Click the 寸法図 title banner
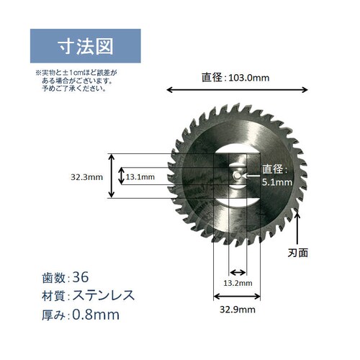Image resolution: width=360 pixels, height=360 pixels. tap(85, 47)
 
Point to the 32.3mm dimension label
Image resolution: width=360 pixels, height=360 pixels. tap(87, 176)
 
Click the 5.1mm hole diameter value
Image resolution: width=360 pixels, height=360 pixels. tap(276, 183)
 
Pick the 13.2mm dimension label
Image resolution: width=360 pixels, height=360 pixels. tap(237, 284)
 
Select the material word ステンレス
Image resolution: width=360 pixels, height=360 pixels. tap(103, 295)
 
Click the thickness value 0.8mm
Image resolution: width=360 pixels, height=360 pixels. tap(96, 315)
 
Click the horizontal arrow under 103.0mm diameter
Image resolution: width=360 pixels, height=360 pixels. tap(238, 90)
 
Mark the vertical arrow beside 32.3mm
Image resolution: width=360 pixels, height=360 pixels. tap(112, 176)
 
